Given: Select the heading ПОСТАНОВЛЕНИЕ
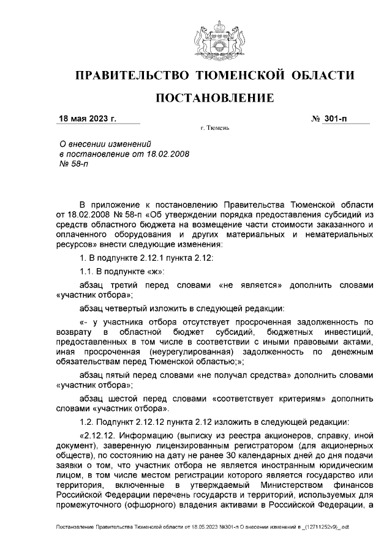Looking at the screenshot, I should click(214, 98).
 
